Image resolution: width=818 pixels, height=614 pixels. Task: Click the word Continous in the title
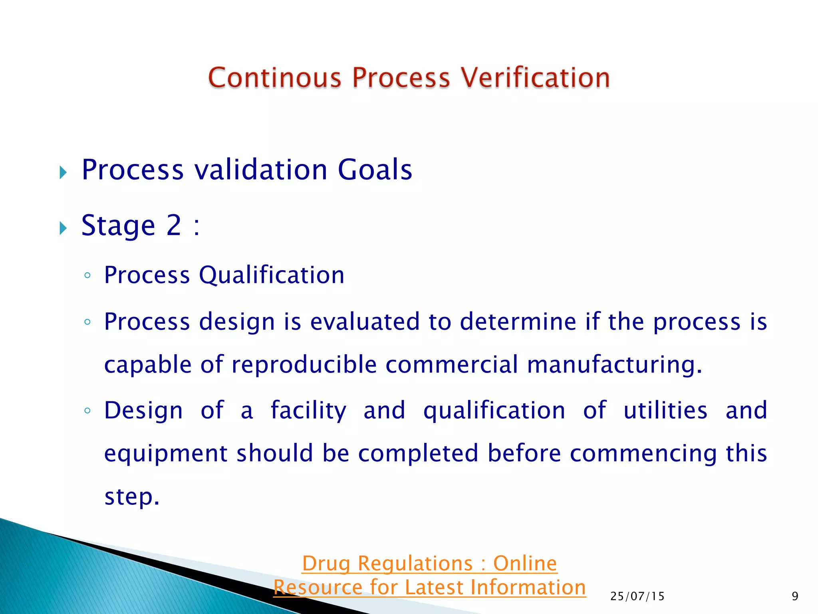tap(275, 78)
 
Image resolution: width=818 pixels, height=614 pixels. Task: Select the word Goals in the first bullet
tap(375, 170)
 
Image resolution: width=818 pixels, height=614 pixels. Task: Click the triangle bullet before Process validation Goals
tap(63, 173)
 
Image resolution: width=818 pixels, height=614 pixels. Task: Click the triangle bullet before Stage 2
tap(63, 228)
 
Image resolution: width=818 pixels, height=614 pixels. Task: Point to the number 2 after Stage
tap(174, 225)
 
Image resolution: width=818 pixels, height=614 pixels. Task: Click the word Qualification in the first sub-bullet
tap(272, 275)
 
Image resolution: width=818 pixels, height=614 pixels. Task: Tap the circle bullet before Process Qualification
tap(87, 275)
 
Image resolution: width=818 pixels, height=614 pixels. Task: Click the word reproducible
tap(304, 365)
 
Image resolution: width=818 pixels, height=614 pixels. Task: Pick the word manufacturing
tap(614, 365)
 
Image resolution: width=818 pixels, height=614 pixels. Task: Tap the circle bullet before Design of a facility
tap(87, 411)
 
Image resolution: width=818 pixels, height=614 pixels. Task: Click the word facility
tap(308, 411)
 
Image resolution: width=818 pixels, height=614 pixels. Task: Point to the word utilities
tap(665, 411)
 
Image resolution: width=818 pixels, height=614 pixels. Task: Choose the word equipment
tap(166, 454)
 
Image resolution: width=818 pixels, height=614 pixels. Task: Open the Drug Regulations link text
tap(429, 564)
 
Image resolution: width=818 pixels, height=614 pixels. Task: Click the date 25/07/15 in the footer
tap(637, 596)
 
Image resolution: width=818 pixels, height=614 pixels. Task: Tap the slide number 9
tap(795, 596)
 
